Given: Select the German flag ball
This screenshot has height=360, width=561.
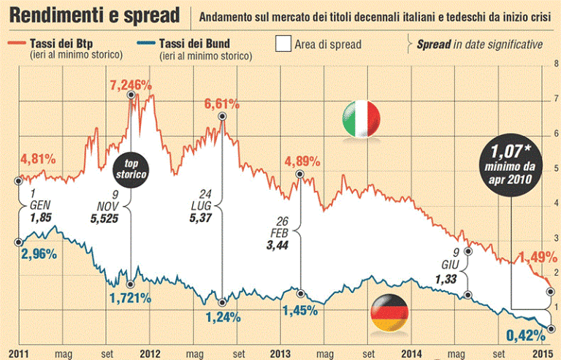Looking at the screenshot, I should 389,315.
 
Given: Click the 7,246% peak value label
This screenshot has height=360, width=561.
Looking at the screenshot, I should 134,85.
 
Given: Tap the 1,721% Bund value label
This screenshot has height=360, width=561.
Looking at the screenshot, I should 130,298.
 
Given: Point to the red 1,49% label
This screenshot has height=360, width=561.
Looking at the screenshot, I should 538,256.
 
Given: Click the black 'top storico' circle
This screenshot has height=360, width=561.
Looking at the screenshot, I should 131,171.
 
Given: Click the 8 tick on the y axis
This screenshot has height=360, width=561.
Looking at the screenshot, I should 556,64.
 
